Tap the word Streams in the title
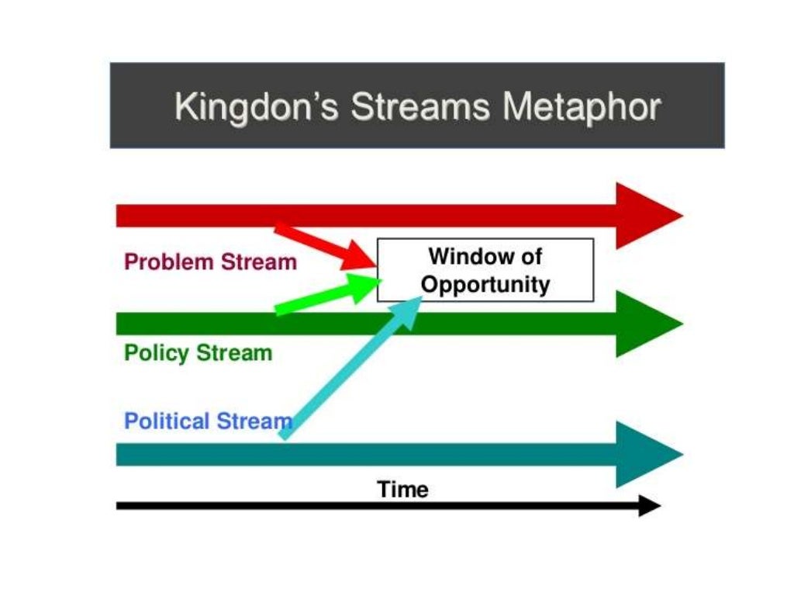click(419, 106)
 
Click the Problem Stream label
click(210, 262)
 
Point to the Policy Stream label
click(198, 353)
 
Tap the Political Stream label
click(208, 421)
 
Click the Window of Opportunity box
click(485, 270)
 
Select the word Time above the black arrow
click(402, 490)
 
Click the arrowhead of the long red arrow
click(647, 216)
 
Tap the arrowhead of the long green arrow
click(647, 324)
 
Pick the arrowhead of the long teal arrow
click(647, 455)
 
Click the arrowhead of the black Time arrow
click(649, 506)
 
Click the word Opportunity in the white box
click(485, 284)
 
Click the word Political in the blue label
click(166, 421)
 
